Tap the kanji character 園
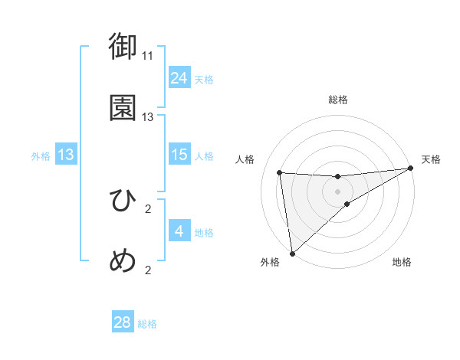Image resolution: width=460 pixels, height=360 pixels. click(123, 108)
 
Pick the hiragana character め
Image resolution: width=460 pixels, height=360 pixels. click(123, 261)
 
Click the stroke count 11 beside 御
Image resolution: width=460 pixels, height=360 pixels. click(148, 56)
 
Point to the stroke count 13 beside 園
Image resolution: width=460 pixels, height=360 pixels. click(148, 117)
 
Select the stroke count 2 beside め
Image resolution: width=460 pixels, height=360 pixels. click(148, 270)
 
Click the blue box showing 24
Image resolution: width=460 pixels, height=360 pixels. click(179, 77)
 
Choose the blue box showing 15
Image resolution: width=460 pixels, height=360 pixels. click(179, 154)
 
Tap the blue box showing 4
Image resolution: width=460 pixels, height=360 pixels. click(179, 231)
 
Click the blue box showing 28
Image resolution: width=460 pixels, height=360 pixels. click(123, 322)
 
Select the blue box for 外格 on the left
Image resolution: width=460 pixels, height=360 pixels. click(66, 154)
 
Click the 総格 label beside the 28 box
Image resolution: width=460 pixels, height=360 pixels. click(147, 324)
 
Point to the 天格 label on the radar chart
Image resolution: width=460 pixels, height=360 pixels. click(431, 159)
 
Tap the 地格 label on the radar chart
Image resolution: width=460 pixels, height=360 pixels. click(402, 262)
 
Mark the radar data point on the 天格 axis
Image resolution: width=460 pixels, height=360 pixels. click(410, 169)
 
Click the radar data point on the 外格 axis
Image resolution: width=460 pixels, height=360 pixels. click(292, 253)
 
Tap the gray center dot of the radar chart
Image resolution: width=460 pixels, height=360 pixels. click(337, 191)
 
